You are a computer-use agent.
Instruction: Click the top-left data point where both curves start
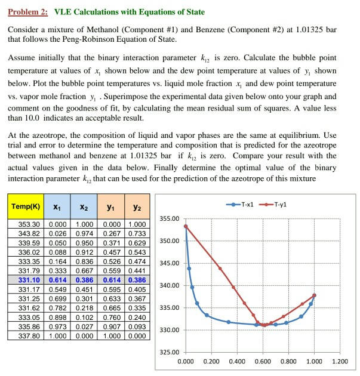pyautogui.click(x=186, y=227)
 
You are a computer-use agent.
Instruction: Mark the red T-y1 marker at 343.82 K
pyautogui.click(x=220, y=269)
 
